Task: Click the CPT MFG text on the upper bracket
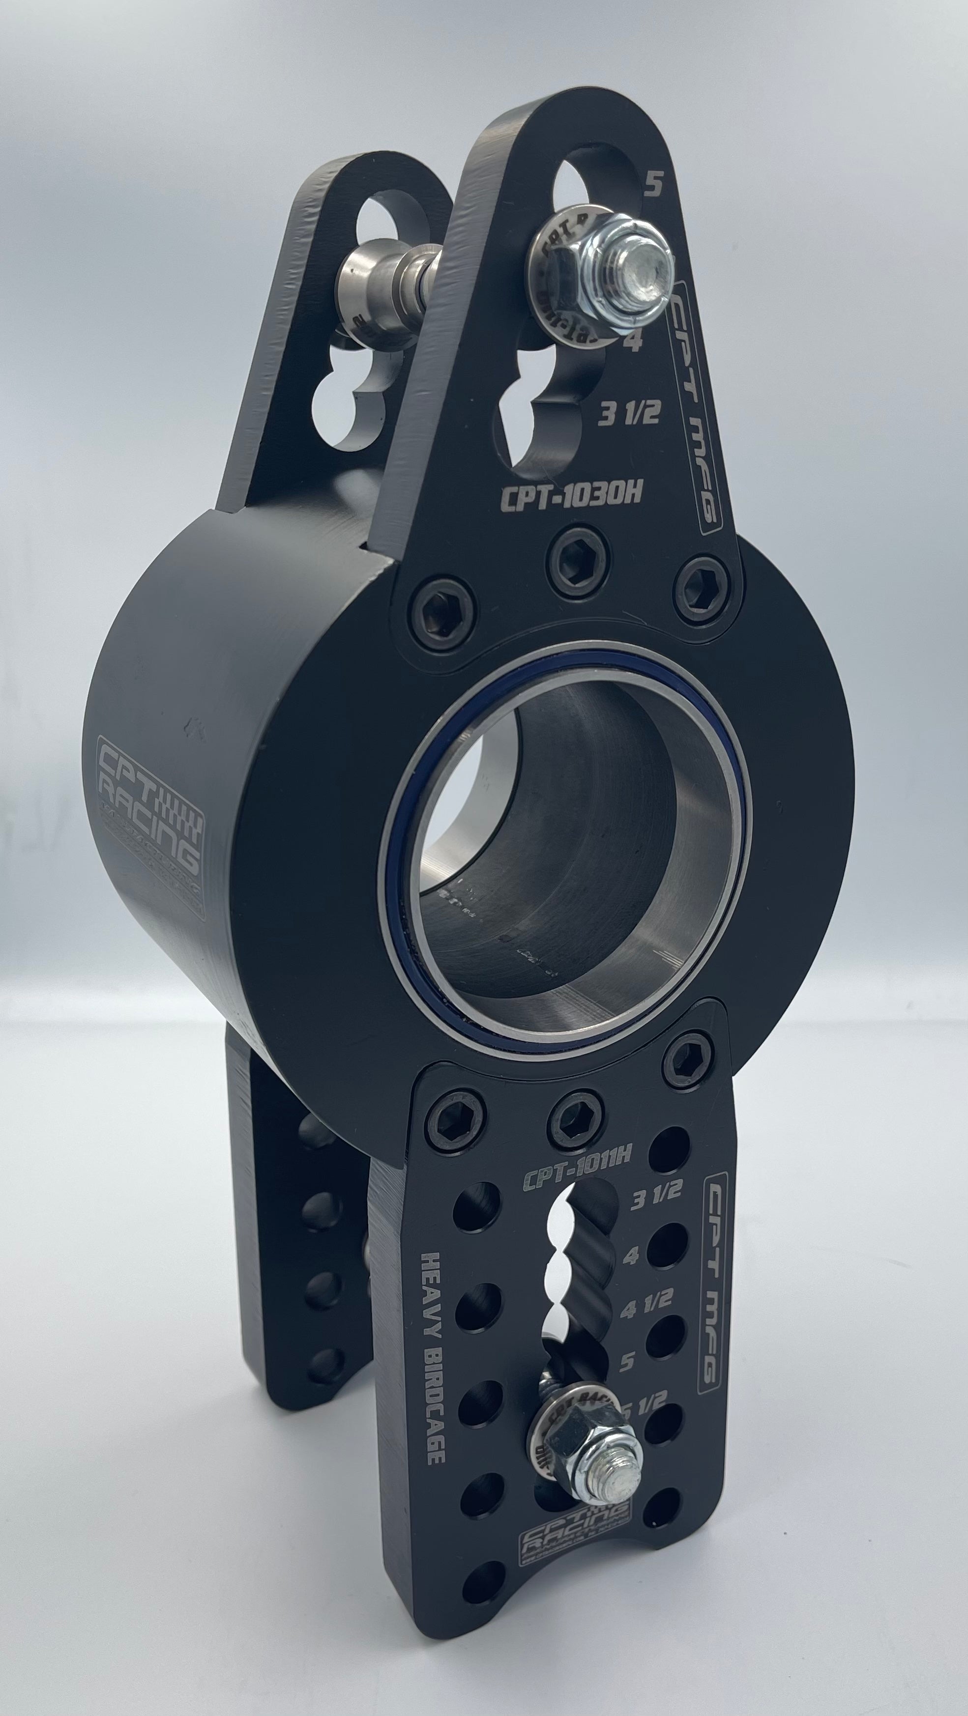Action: pyautogui.click(x=695, y=408)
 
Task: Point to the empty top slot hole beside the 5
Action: pyautogui.click(x=587, y=189)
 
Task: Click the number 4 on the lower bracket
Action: pyautogui.click(x=630, y=1256)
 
